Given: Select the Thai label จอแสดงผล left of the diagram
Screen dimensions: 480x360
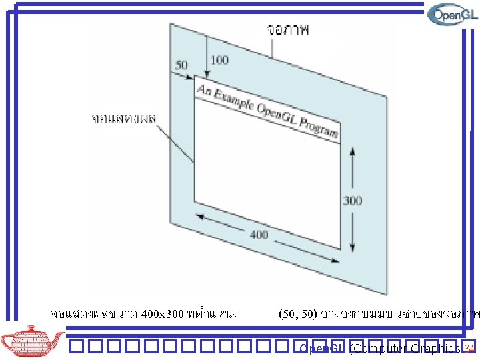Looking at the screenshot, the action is pos(123,119).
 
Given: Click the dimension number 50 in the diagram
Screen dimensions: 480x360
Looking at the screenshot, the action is pos(181,65).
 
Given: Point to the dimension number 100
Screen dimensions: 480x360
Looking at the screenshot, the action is pos(219,61).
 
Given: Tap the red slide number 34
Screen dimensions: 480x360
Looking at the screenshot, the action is pos(469,349).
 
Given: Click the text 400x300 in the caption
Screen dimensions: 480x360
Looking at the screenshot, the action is pos(163,313).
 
